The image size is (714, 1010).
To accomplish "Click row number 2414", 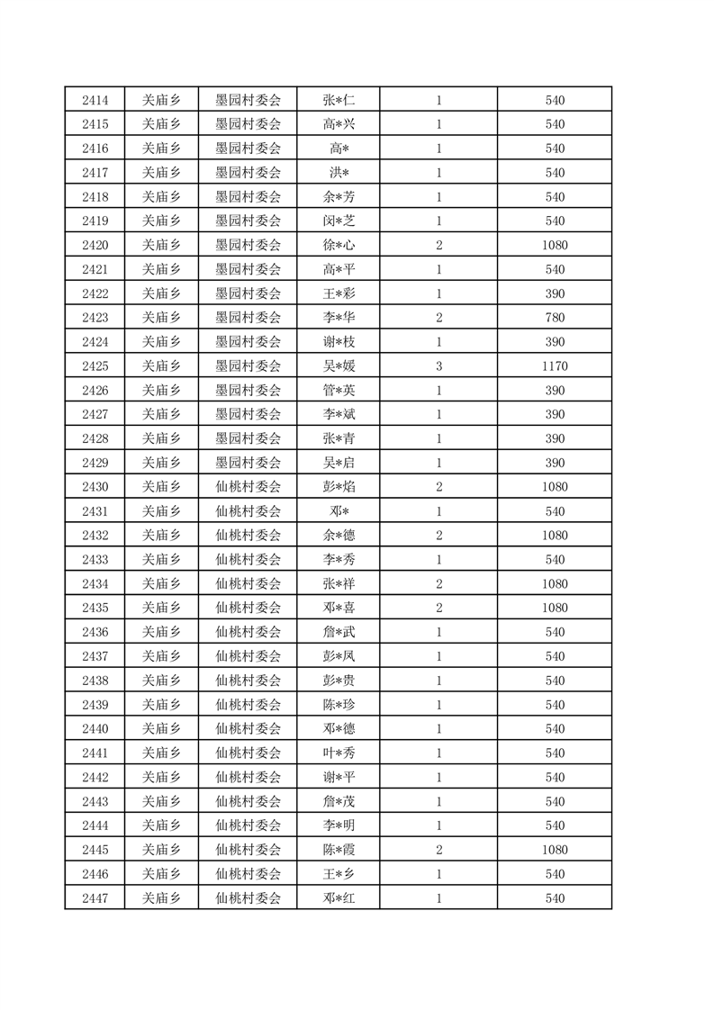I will (x=95, y=100).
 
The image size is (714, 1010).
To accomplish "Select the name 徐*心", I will (x=339, y=245).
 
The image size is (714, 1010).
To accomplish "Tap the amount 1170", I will (x=555, y=366).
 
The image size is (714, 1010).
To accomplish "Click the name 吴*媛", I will (x=339, y=366).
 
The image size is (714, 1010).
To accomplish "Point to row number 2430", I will (x=95, y=487).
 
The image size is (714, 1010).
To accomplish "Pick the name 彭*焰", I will (x=339, y=487).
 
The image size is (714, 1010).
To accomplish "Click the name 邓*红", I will (x=339, y=897).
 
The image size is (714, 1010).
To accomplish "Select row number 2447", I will (x=95, y=897).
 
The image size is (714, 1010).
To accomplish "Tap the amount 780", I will (x=555, y=318).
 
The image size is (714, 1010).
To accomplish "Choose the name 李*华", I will (x=339, y=318).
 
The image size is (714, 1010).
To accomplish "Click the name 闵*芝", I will (x=339, y=221).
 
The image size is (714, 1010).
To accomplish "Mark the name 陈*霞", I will (x=339, y=850).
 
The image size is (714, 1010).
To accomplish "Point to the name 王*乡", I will (x=339, y=873).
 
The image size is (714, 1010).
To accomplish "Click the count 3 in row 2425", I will (x=438, y=366).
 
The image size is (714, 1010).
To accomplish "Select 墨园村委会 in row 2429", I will (x=248, y=463).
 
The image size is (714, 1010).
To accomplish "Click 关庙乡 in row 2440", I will (x=161, y=729).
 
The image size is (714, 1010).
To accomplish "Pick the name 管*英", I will (x=339, y=391).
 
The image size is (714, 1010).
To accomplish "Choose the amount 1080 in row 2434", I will (x=555, y=584).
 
